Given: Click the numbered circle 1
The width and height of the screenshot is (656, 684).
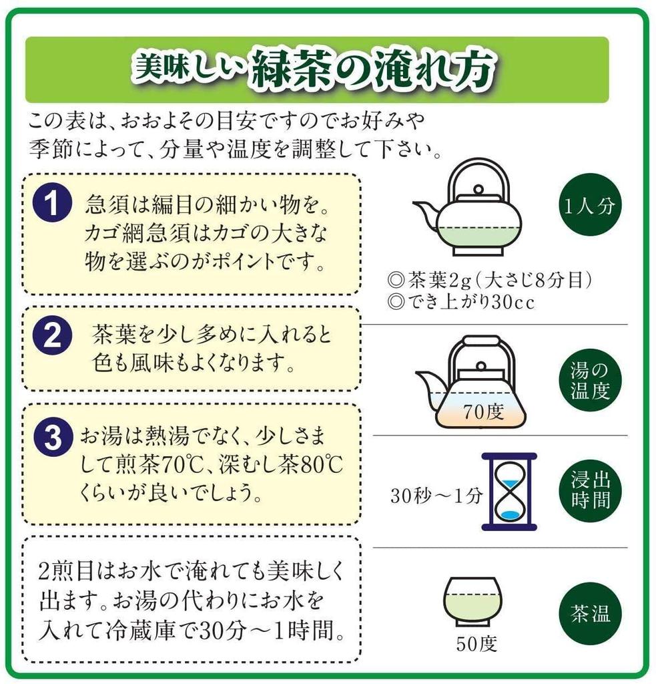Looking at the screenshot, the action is point(52,202).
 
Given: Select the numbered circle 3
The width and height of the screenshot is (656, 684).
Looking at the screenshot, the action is point(52,438).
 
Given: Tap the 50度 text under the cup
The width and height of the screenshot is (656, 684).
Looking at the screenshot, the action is point(476,645).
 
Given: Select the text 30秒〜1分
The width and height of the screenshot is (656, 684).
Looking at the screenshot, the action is point(436,497).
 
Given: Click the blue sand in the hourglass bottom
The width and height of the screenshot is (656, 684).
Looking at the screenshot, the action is point(510,514).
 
